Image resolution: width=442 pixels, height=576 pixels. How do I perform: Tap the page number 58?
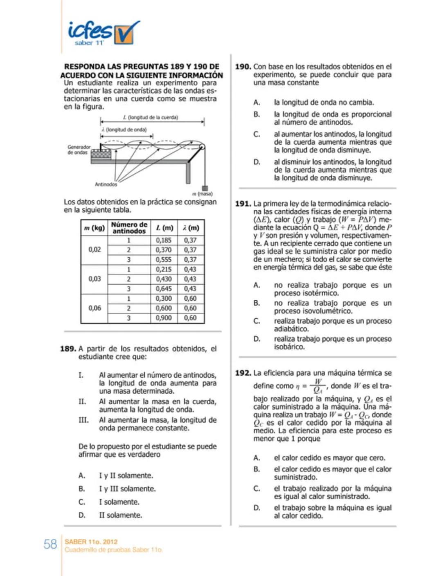point(50,544)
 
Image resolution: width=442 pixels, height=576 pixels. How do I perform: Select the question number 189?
point(68,349)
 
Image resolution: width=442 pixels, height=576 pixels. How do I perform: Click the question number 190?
point(243,66)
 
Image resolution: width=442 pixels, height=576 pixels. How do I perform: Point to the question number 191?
point(243,204)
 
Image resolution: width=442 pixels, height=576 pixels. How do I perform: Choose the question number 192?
point(243,373)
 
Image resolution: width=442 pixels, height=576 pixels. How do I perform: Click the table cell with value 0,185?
point(164,240)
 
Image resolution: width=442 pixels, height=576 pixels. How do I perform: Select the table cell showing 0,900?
point(164,318)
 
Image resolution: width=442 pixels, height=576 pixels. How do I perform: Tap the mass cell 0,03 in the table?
point(95,279)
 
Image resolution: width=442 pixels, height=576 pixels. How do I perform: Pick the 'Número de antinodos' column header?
point(129,228)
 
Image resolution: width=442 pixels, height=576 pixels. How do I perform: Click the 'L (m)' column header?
point(164,228)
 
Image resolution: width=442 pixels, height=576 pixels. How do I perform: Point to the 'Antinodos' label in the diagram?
point(106,184)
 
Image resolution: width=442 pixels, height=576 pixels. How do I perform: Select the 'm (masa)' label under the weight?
point(203,194)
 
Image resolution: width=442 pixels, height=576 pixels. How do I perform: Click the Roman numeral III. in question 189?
point(83,420)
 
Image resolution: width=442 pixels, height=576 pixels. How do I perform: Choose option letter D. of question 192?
point(257,508)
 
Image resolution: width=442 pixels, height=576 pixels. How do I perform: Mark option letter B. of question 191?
point(257,303)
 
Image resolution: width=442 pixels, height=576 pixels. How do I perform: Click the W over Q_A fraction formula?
point(318,386)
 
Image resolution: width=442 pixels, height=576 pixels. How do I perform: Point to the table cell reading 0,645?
point(164,289)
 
